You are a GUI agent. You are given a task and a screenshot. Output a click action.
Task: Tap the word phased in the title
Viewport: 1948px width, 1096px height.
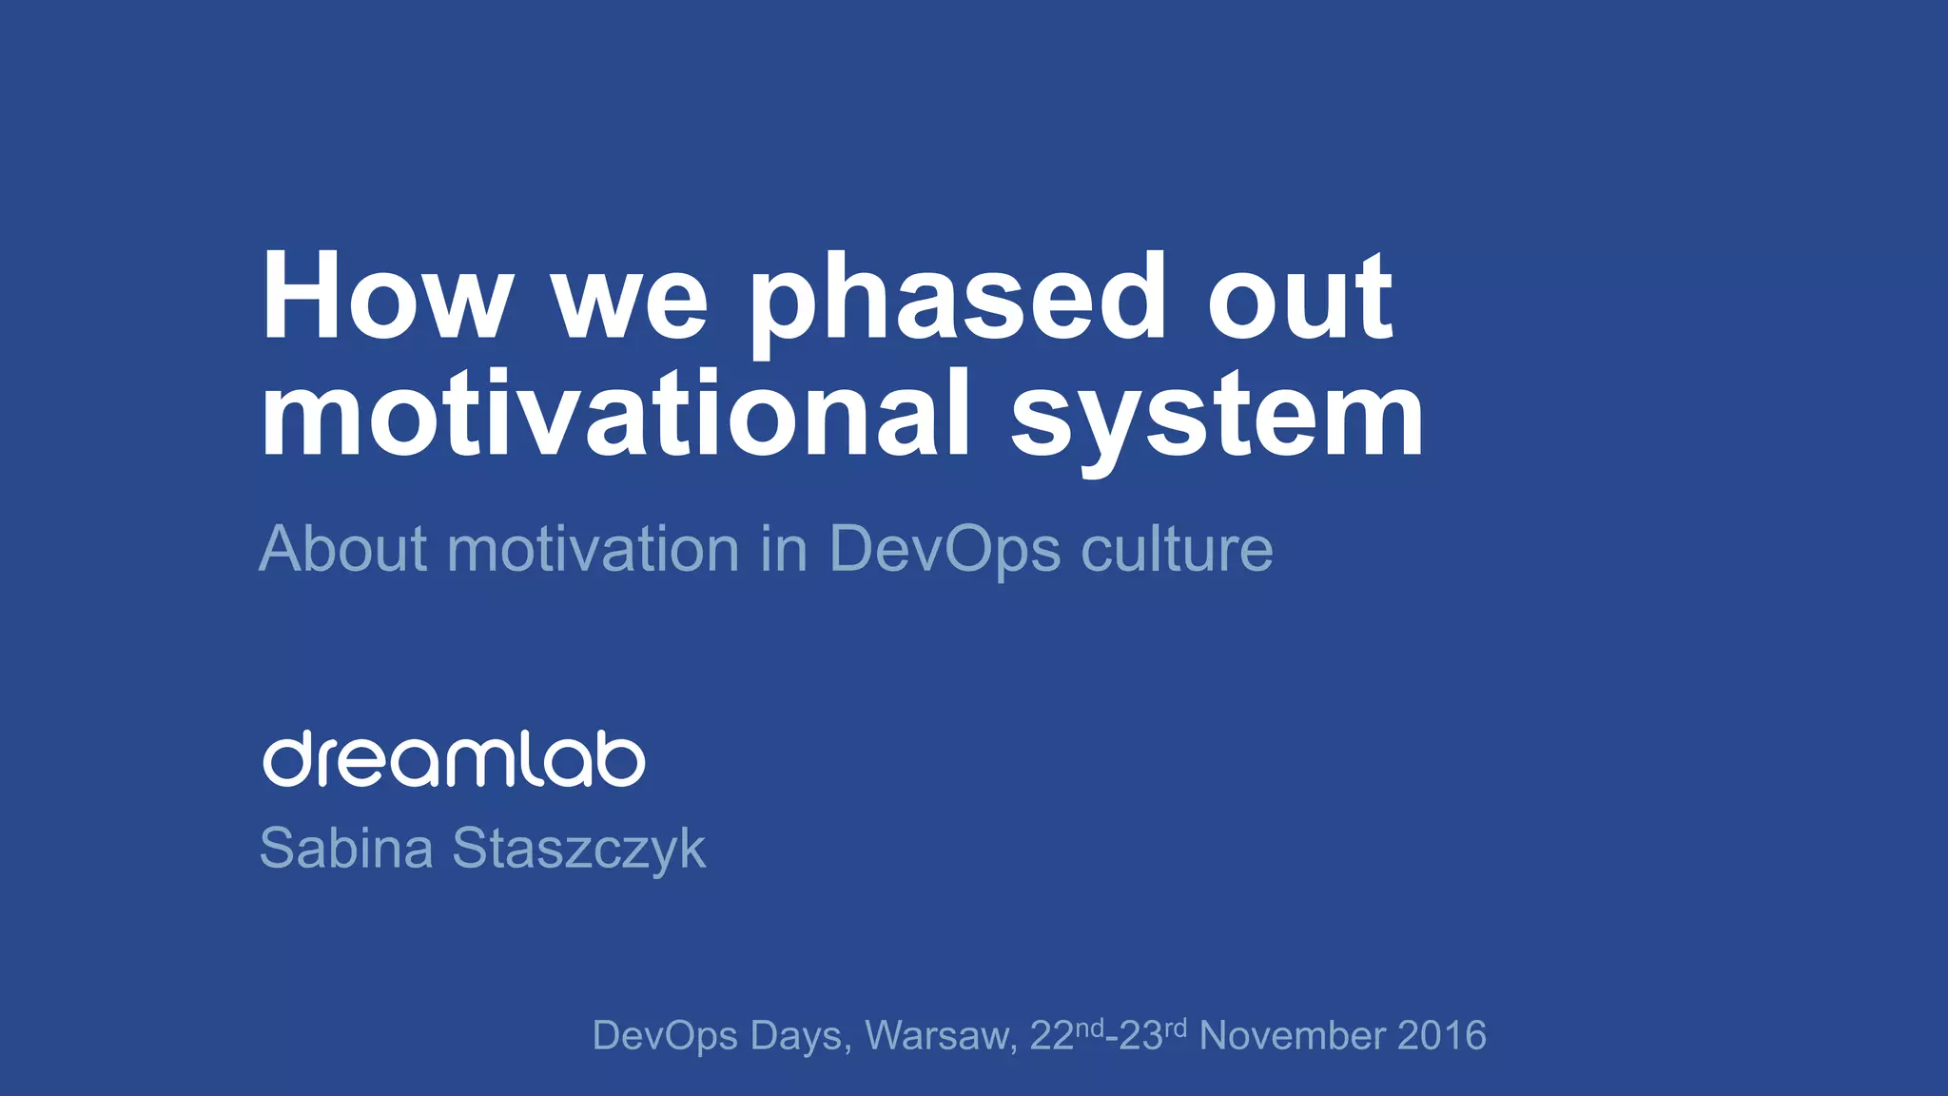[957, 300]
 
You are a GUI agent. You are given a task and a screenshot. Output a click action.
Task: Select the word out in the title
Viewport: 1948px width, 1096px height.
[1299, 300]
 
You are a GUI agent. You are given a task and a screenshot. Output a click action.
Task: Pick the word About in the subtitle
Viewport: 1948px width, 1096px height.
[343, 549]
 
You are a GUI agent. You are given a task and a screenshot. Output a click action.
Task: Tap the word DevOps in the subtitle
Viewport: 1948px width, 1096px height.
[945, 551]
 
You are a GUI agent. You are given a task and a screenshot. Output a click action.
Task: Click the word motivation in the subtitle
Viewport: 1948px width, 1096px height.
[594, 549]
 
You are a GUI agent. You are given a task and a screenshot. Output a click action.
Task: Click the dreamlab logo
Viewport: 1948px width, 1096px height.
[454, 759]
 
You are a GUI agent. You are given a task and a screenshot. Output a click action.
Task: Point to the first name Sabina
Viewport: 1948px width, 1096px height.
[346, 848]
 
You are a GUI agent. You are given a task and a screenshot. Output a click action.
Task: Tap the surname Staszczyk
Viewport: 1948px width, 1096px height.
[578, 850]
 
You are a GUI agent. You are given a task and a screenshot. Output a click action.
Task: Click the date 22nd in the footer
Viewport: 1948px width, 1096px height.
[1065, 1035]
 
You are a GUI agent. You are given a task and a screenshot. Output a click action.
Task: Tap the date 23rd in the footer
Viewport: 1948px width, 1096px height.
[1153, 1035]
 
